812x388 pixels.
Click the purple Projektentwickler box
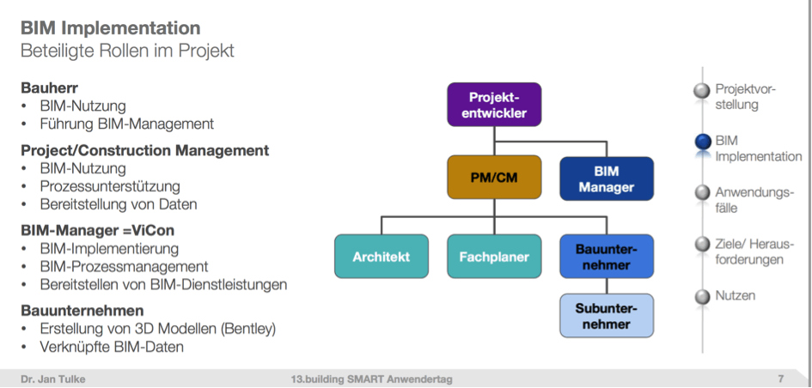[494, 105]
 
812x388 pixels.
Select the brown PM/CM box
[494, 178]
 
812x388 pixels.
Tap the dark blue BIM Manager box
[607, 179]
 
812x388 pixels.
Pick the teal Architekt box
[382, 257]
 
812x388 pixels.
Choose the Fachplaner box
[494, 257]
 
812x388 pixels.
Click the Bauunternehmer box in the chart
[607, 257]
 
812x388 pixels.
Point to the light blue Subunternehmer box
[607, 316]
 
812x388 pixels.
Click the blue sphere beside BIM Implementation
[702, 142]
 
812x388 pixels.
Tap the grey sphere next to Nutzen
[702, 297]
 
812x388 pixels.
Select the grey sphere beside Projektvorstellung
[702, 90]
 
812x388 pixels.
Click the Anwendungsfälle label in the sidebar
[754, 200]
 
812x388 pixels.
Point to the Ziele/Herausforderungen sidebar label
[756, 252]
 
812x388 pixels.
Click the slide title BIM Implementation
[110, 27]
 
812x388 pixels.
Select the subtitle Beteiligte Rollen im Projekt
[127, 51]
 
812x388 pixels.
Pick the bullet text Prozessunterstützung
[110, 186]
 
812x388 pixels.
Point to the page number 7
[780, 379]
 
